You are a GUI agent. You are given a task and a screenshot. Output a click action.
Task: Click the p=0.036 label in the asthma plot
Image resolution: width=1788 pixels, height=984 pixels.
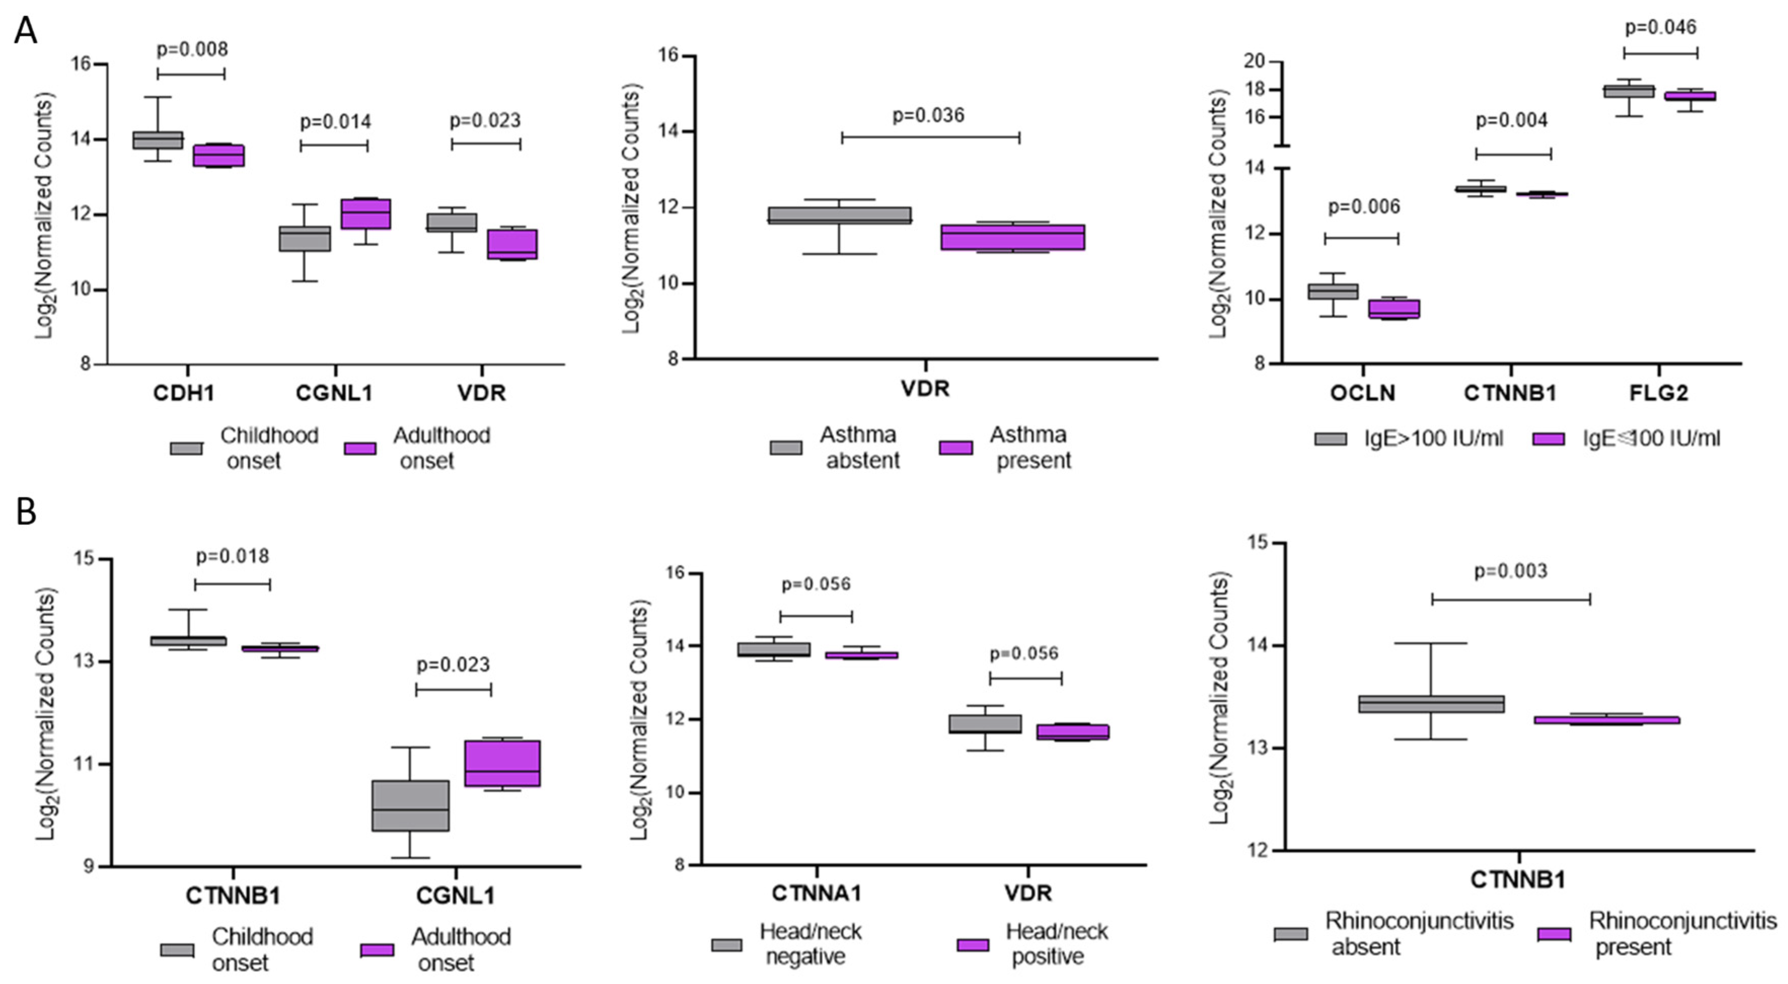pos(928,115)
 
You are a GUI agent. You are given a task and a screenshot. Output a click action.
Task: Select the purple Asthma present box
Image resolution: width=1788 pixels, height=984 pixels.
pos(1012,237)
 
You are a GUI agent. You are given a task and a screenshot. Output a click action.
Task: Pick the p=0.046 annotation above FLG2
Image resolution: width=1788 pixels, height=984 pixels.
pos(1660,28)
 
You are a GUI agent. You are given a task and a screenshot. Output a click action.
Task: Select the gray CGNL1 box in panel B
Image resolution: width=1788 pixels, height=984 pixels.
pos(410,806)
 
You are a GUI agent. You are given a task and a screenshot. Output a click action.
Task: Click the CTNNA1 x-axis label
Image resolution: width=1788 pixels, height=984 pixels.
pos(816,893)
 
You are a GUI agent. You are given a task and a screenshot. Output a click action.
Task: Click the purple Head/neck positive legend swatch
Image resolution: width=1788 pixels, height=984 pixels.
pos(973,944)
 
